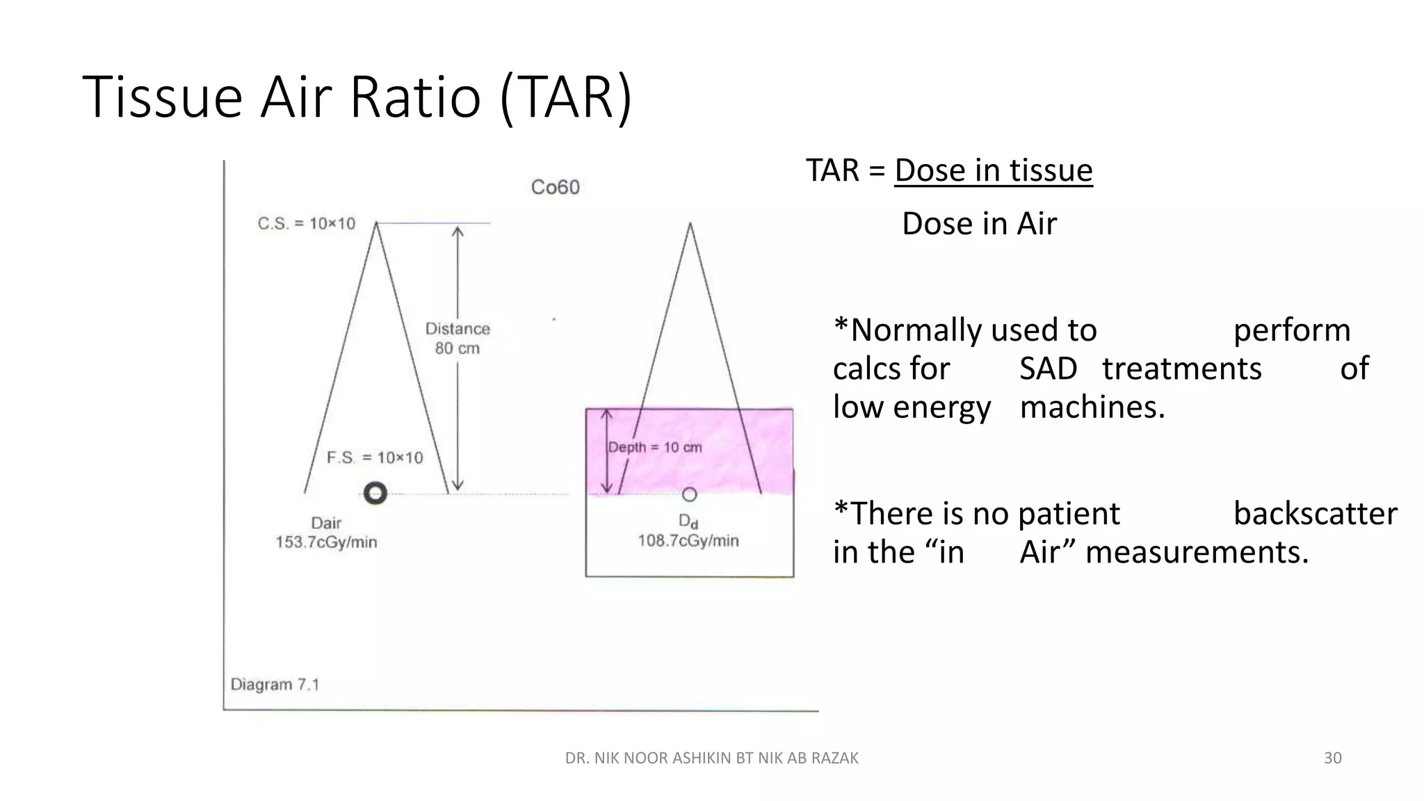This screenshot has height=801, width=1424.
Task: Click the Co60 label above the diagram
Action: pos(555,187)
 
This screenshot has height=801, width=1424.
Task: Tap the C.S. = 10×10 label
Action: pos(306,224)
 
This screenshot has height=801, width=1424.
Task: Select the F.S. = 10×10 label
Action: pos(375,458)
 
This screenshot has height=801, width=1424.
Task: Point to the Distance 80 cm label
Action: pos(458,338)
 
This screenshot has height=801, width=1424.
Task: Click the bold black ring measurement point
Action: pos(375,494)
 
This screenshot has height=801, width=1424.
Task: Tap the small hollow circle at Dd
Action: pos(689,494)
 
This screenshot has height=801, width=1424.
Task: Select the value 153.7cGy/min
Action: pos(326,542)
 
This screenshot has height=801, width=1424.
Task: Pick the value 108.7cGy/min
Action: pos(688,541)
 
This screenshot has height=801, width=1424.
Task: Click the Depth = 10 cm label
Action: pos(655,447)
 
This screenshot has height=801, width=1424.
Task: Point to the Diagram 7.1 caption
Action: pos(275,684)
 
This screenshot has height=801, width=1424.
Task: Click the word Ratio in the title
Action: pos(415,97)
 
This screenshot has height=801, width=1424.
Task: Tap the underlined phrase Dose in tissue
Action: pos(994,170)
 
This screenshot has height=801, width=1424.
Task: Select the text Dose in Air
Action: pos(979,224)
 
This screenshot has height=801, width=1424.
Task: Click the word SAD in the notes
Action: pos(1048,369)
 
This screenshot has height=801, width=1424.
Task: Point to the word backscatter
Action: pos(1315,514)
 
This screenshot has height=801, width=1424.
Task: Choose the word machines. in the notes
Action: pos(1092,407)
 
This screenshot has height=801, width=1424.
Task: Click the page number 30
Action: pos(1332,758)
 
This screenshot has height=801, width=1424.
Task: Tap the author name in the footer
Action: pos(711,758)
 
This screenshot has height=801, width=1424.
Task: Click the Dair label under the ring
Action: pos(326,523)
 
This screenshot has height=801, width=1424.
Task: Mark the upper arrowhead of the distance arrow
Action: pos(458,231)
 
